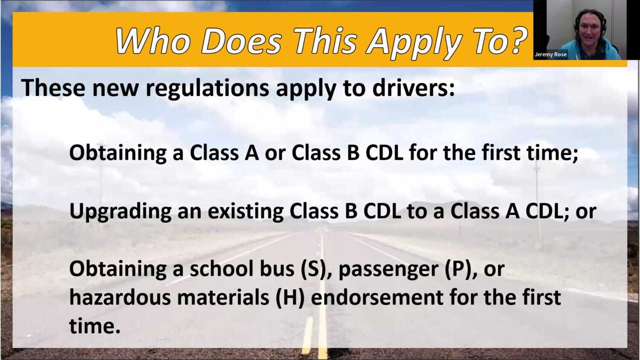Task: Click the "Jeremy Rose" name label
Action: (550, 55)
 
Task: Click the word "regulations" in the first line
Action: (207, 88)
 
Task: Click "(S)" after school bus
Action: (316, 269)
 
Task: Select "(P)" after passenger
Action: (461, 269)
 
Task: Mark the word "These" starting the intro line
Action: (53, 88)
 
